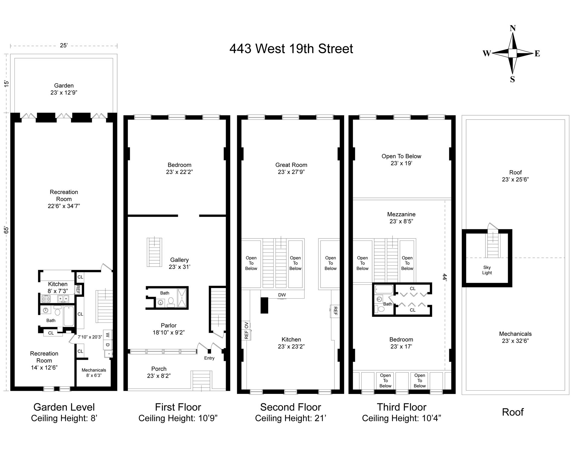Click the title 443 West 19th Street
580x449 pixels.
(291, 49)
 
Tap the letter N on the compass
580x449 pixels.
(513, 28)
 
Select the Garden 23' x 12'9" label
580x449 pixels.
(64, 89)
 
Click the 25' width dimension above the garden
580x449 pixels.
(64, 46)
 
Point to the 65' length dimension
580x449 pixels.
(6, 230)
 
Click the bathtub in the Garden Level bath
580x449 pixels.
(69, 316)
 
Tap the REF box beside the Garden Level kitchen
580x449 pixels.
(78, 290)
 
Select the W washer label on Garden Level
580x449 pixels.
(108, 335)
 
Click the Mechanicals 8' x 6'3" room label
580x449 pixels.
(94, 372)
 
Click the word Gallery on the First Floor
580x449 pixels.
(179, 260)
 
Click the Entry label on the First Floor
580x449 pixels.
(209, 358)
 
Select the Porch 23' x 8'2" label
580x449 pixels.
(159, 372)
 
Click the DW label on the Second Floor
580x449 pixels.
(282, 295)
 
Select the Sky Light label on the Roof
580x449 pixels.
(487, 270)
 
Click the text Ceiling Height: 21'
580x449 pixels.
(291, 418)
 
